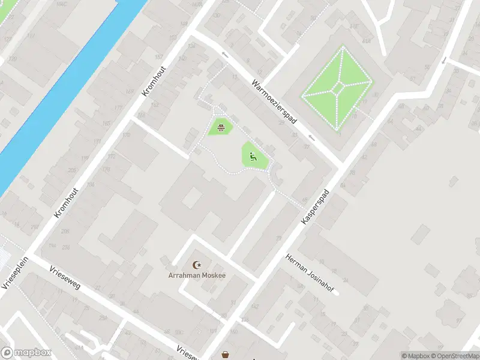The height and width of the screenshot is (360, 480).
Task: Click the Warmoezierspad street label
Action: point(275,102)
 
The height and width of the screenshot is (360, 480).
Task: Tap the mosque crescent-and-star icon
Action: point(196,265)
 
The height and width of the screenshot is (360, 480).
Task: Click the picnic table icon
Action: point(221,127)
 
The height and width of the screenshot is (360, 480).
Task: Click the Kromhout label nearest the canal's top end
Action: point(157,80)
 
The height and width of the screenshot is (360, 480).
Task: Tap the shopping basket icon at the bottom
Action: point(226,355)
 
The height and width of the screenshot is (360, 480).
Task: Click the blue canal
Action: point(66,96)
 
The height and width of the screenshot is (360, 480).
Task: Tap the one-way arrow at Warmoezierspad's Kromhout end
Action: point(225,55)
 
